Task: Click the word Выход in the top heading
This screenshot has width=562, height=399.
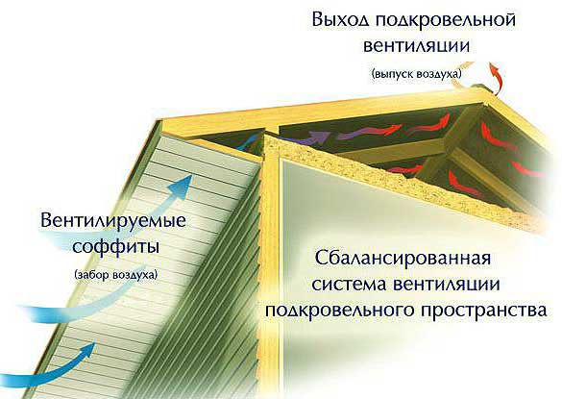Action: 340,19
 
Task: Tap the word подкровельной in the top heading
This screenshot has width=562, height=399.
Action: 446,20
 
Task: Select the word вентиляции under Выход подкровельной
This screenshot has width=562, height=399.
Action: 416,47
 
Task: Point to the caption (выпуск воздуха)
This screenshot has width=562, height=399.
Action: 417,74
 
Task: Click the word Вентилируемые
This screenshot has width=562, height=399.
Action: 113,220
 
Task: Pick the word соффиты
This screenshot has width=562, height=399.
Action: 116,246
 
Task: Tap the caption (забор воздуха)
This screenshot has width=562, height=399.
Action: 116,275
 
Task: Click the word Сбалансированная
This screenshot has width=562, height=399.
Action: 403,258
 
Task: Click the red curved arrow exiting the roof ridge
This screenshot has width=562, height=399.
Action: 496,77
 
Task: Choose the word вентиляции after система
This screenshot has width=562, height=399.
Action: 447,285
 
